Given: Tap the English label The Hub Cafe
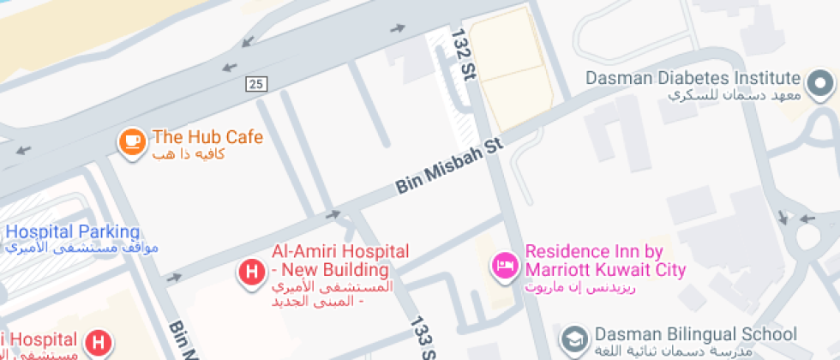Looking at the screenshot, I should point(207,137).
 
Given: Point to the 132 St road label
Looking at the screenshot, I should point(464,53).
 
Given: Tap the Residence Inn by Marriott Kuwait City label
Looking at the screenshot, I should point(605,261).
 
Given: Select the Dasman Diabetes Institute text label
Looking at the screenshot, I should point(693,77).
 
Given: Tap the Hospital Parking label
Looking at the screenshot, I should point(72,231).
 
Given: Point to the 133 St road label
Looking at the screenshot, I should point(421,339).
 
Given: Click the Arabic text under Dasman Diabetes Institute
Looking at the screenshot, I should point(733,94).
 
